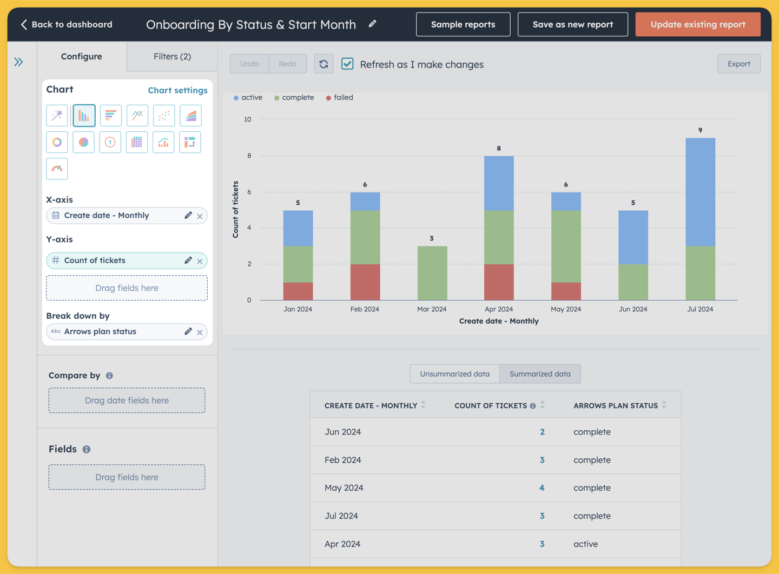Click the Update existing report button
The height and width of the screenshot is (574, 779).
coord(698,24)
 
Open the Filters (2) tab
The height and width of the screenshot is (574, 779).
coord(172,57)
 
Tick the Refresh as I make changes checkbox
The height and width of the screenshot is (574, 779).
coord(347,64)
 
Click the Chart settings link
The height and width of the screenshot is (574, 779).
coord(177,90)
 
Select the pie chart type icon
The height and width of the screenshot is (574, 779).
coord(83,142)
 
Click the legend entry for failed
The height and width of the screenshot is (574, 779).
coord(339,98)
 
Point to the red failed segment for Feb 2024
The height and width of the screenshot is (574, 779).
coord(365,282)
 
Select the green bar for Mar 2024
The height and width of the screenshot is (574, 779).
coord(432,273)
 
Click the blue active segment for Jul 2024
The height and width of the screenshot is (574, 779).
coord(701,192)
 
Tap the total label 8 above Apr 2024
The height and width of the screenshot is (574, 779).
coord(499,148)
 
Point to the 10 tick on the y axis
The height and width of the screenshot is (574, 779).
coord(248,119)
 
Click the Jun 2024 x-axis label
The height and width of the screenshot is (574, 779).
coord(633,309)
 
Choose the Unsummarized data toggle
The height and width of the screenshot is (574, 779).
coord(454,374)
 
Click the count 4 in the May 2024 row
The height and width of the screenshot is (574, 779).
coord(542,488)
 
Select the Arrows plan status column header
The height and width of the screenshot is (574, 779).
coord(616,405)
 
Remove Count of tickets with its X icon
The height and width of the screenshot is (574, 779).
coord(200,261)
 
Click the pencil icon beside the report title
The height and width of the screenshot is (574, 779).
coord(372,24)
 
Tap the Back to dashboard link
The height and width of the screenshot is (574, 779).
coord(67,24)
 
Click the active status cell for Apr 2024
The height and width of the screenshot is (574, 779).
coord(586,544)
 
